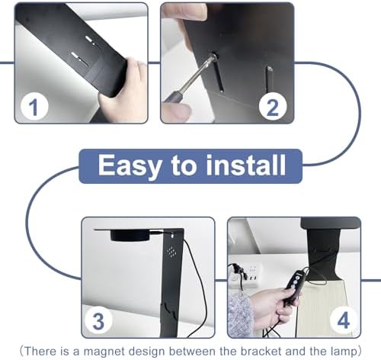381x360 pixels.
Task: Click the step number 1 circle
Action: pos(34,107)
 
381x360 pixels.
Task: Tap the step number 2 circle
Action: pos(273,107)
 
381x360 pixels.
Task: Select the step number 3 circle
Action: pos(98,321)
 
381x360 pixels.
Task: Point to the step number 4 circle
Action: pos(344,321)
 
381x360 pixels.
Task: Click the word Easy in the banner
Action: pos(130,166)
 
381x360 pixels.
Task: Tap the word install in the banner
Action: pos(245,165)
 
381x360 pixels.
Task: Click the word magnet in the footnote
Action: pos(104,352)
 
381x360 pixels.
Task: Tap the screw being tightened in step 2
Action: pos(213,56)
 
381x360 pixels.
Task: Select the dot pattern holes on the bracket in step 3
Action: pos(171,252)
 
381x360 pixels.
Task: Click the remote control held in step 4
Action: pos(294,288)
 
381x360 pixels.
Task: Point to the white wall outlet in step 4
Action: pos(246,276)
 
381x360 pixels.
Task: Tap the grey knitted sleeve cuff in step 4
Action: pos(240,314)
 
